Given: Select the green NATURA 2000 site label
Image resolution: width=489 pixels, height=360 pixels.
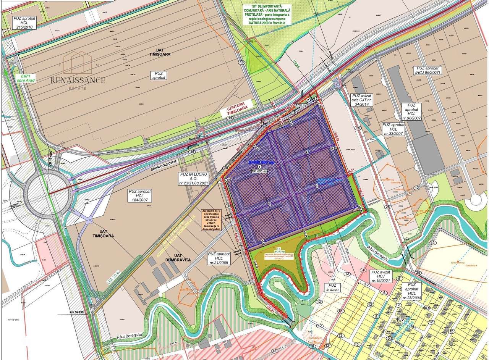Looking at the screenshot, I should [x=266, y=15].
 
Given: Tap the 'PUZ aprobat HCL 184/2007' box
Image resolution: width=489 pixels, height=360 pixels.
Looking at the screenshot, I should [x=141, y=195].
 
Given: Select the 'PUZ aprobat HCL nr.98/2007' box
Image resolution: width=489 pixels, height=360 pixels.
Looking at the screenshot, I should [x=411, y=111].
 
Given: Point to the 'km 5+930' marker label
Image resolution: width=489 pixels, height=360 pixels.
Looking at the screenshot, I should [x=77, y=312].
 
